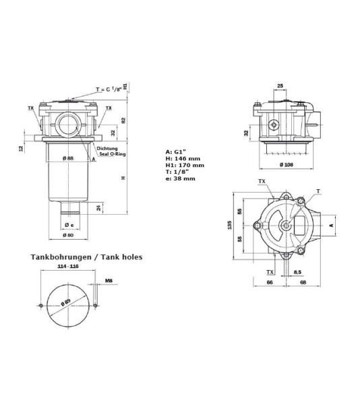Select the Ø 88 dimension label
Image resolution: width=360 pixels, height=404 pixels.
tap(68, 158)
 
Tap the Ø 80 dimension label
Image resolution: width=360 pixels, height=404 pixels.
tap(69, 235)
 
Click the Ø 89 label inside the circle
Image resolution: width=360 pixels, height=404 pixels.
tap(67, 302)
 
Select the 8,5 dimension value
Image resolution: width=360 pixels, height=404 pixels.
tap(298, 272)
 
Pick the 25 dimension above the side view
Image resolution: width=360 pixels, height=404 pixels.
tap(280, 86)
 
